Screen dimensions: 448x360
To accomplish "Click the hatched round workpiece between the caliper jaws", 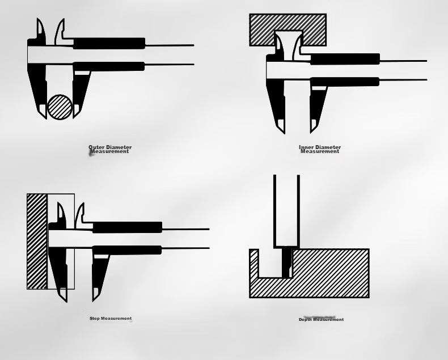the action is pyautogui.click(x=60, y=107).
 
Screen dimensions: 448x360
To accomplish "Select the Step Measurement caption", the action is pyautogui.click(x=111, y=318).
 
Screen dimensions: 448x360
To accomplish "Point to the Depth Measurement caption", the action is pyautogui.click(x=321, y=319).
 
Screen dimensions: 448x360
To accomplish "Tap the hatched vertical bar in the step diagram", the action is pyautogui.click(x=37, y=242).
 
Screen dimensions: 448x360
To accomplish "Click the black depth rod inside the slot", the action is pyautogui.click(x=286, y=263).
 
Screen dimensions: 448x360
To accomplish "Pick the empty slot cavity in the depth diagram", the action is pyautogui.click(x=271, y=263).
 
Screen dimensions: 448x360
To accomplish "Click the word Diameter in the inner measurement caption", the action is pyautogui.click(x=328, y=147).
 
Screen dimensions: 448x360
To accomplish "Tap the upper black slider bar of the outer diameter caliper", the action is pyautogui.click(x=109, y=43).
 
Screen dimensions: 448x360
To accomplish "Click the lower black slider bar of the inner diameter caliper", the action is pyautogui.click(x=345, y=82).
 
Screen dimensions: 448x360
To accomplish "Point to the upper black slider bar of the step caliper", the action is pyautogui.click(x=127, y=227).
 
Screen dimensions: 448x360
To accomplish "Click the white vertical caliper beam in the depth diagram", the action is pyautogui.click(x=286, y=211).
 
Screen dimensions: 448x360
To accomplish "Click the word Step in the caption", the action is pyautogui.click(x=95, y=318).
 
